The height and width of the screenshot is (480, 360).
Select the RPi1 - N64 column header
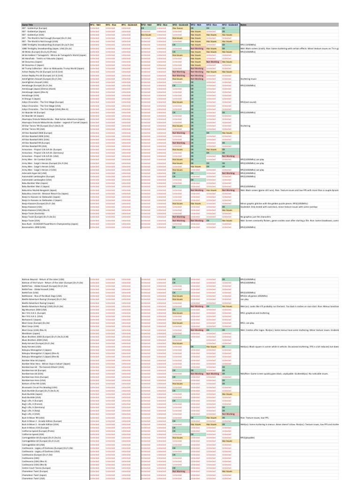tap(97, 24)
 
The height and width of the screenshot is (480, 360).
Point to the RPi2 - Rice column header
tap(161, 24)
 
